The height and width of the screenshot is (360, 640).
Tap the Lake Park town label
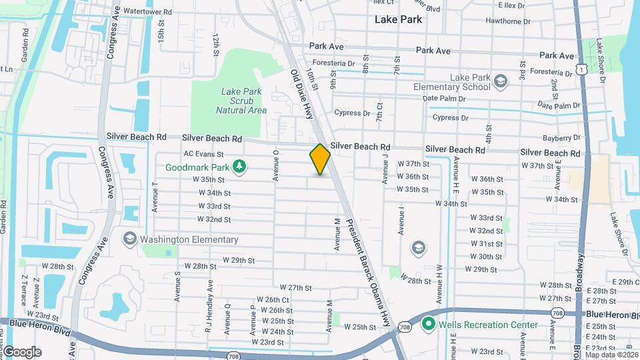(x=398, y=19)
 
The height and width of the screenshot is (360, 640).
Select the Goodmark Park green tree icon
(x=238, y=167)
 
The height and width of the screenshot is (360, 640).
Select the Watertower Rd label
(x=147, y=12)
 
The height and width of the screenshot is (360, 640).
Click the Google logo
(x=21, y=351)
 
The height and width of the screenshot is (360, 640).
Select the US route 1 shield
(x=583, y=69)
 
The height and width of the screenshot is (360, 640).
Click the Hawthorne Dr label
(x=508, y=21)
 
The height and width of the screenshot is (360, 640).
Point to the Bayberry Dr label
(x=561, y=138)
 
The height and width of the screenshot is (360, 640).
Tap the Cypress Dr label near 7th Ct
(x=352, y=113)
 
